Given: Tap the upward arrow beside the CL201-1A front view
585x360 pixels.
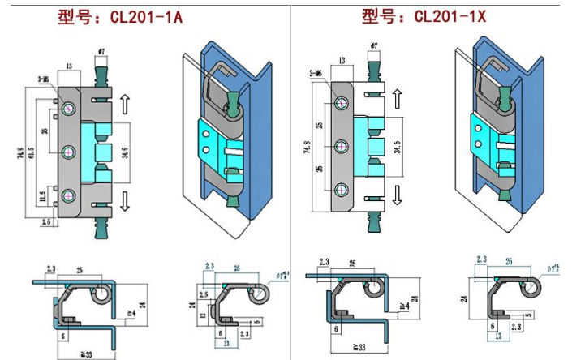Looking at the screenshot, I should [x=124, y=104].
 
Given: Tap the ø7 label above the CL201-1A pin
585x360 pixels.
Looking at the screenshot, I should [x=101, y=53].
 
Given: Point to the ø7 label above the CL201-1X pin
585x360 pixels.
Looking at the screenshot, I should [x=373, y=45].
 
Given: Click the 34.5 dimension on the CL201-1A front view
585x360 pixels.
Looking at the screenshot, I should [x=126, y=152].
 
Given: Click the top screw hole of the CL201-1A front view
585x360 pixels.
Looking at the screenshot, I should [x=67, y=108].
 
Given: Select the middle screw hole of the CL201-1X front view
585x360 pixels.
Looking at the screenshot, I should [x=340, y=147].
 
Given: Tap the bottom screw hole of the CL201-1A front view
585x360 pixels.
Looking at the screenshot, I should [x=67, y=195].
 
